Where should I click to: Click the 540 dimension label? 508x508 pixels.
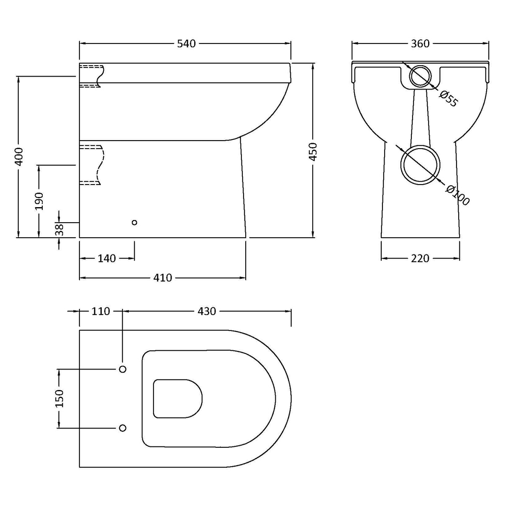tap(186, 44)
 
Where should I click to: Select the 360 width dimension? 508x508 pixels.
tap(420, 44)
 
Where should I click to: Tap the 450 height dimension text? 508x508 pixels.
tap(313, 151)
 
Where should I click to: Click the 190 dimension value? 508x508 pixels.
tap(39, 201)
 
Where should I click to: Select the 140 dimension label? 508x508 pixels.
tap(107, 259)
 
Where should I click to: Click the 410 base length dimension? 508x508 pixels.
tap(162, 278)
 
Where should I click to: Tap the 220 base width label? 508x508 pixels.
tap(420, 259)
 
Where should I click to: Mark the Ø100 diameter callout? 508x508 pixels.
tap(457, 195)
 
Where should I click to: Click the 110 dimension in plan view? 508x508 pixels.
tap(100, 311)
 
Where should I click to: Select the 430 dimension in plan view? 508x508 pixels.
tap(207, 311)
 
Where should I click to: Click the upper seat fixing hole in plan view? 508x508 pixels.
tap(123, 369)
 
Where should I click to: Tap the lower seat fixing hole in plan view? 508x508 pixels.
tap(123, 428)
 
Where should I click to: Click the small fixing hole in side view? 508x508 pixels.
tap(134, 223)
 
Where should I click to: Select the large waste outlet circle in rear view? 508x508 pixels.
tap(421, 165)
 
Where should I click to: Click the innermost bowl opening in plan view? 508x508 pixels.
tap(177, 398)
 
